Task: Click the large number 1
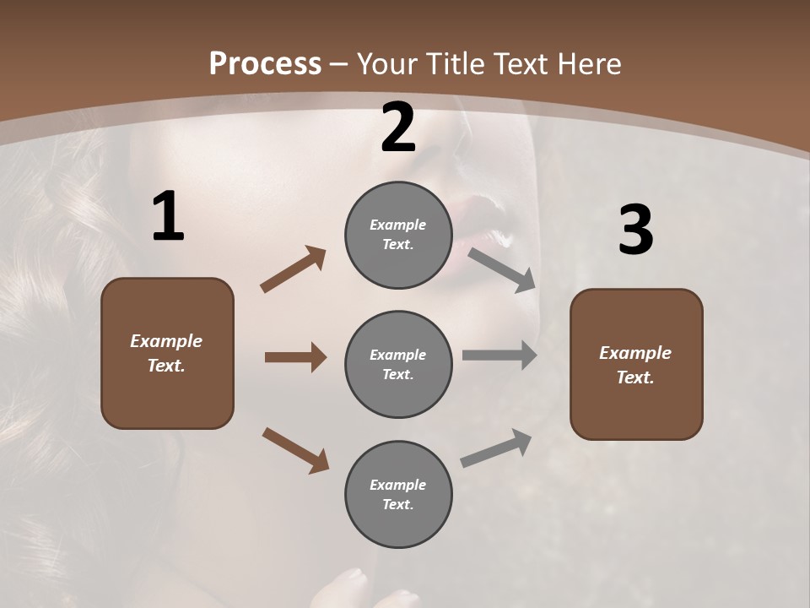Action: [x=168, y=217]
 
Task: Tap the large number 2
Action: [x=398, y=128]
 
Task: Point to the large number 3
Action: [x=635, y=231]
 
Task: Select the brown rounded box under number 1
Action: [x=167, y=353]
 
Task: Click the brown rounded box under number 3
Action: [x=636, y=364]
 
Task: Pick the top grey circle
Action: [x=398, y=235]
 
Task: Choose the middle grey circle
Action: [x=398, y=364]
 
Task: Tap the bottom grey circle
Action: [x=398, y=494]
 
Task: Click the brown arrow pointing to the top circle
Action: [x=294, y=269]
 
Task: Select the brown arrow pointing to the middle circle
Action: [x=295, y=357]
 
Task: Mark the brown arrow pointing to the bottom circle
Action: [x=295, y=450]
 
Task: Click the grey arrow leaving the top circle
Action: [x=502, y=269]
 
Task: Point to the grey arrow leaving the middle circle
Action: [x=499, y=356]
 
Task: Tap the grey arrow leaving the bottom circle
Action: [x=496, y=448]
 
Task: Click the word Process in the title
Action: [x=265, y=63]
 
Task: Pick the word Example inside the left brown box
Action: [x=166, y=341]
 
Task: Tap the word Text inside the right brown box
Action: [x=635, y=377]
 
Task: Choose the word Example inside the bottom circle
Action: [x=397, y=485]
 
